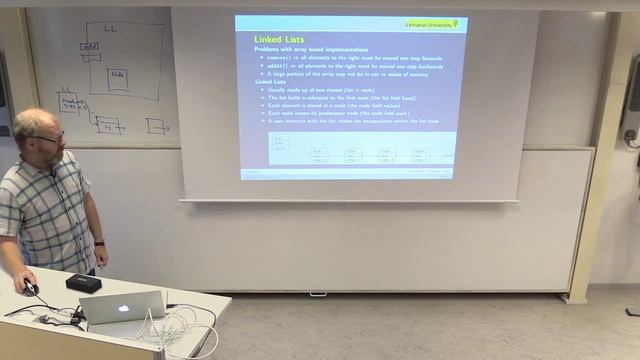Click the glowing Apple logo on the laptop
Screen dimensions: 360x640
tap(124, 308)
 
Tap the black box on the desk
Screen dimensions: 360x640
tap(83, 283)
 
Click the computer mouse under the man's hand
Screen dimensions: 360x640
tap(31, 288)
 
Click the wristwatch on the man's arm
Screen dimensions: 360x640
tap(99, 242)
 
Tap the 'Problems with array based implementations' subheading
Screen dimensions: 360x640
tap(310, 49)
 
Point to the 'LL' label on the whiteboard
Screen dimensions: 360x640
tap(110, 30)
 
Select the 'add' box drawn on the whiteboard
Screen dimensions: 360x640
tap(90, 47)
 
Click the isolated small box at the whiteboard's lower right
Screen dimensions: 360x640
tap(157, 126)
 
